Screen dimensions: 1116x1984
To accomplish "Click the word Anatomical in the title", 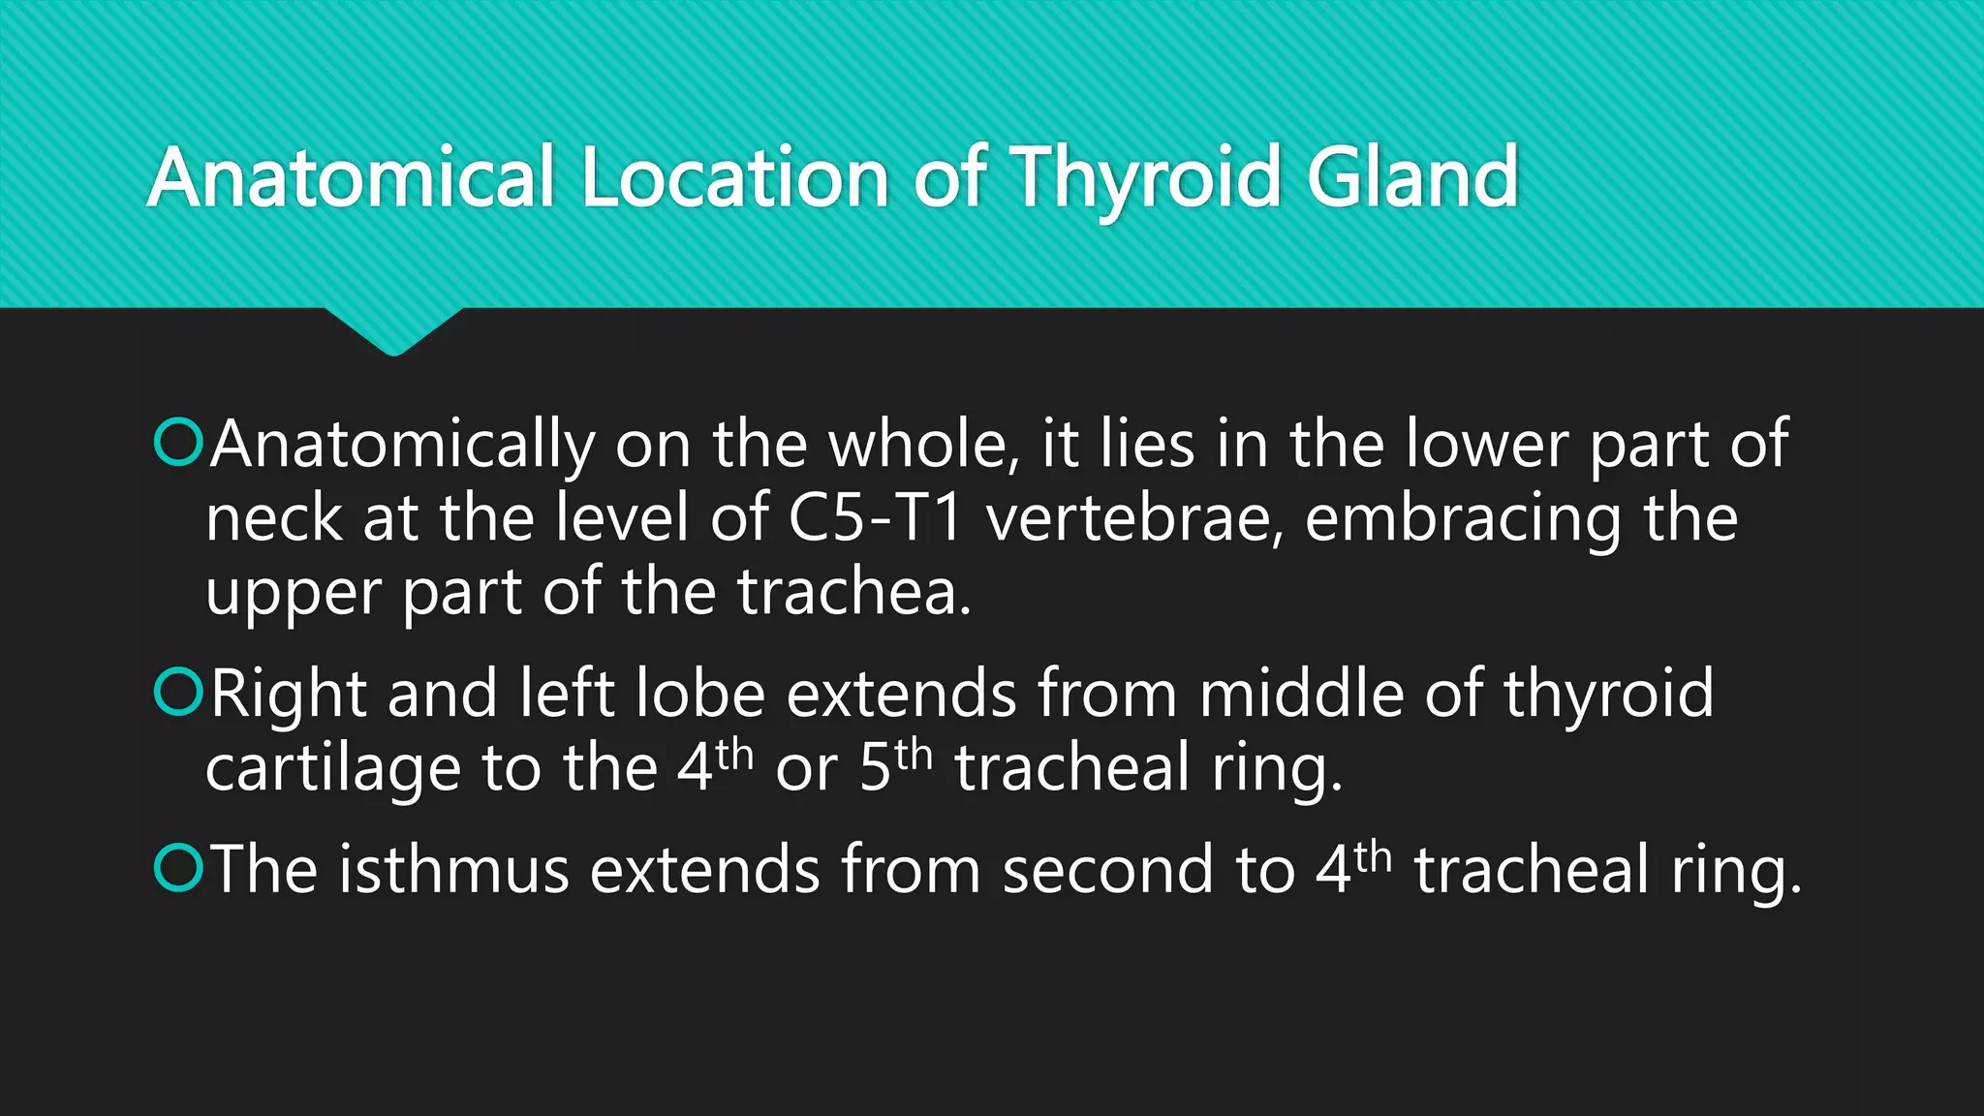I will (351, 177).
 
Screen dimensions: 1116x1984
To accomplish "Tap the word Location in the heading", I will (734, 177).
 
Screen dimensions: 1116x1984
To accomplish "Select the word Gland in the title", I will (1412, 177).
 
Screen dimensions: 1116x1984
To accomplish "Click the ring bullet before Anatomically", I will (178, 443).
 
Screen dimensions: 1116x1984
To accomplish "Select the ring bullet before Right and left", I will (178, 692).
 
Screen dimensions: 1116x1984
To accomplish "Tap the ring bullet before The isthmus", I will (178, 867).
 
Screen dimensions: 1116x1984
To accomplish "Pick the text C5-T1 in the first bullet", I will (876, 518).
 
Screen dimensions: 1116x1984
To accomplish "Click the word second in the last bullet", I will (1107, 869).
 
